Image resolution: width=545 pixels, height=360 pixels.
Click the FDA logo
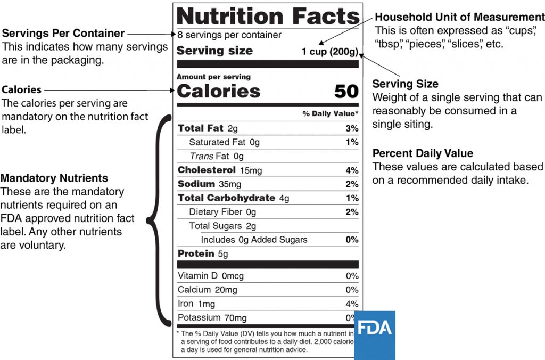375,334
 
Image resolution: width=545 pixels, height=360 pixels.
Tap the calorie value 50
346,92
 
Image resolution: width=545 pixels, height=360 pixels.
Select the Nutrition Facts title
268,16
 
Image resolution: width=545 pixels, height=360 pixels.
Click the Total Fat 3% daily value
352,128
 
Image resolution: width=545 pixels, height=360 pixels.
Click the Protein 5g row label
203,254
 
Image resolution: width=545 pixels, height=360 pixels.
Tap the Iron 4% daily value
352,304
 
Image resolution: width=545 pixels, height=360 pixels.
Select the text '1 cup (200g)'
330,52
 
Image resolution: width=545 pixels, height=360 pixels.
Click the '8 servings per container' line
229,36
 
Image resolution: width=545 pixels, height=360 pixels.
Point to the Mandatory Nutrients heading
54,178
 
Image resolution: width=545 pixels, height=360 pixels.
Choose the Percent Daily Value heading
423,153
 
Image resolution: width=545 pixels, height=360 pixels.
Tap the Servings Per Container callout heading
63,34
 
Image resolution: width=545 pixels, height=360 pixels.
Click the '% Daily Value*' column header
331,114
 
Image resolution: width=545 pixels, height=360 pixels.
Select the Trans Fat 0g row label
217,157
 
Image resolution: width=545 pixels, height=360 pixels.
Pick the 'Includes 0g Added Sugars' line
254,240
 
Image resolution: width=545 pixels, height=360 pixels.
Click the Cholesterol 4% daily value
352,170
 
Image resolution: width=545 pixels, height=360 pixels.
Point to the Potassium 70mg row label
212,318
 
